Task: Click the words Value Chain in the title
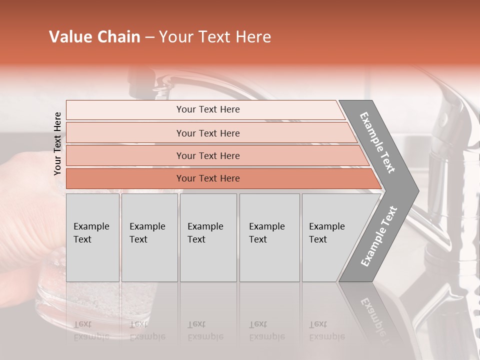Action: [x=94, y=37]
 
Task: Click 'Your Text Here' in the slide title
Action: [x=215, y=37]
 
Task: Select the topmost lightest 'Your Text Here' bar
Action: [x=208, y=109]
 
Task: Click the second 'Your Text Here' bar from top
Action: [x=208, y=133]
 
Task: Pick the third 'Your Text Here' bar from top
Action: [x=208, y=156]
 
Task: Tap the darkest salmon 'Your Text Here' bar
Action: [x=208, y=178]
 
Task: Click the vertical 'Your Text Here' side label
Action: [x=57, y=143]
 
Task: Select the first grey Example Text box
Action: [x=92, y=237]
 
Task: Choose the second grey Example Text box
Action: [x=149, y=237]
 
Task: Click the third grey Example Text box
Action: [x=207, y=237]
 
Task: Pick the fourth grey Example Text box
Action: [x=269, y=237]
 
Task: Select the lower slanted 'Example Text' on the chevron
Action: [x=379, y=236]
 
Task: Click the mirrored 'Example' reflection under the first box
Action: [x=91, y=336]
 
